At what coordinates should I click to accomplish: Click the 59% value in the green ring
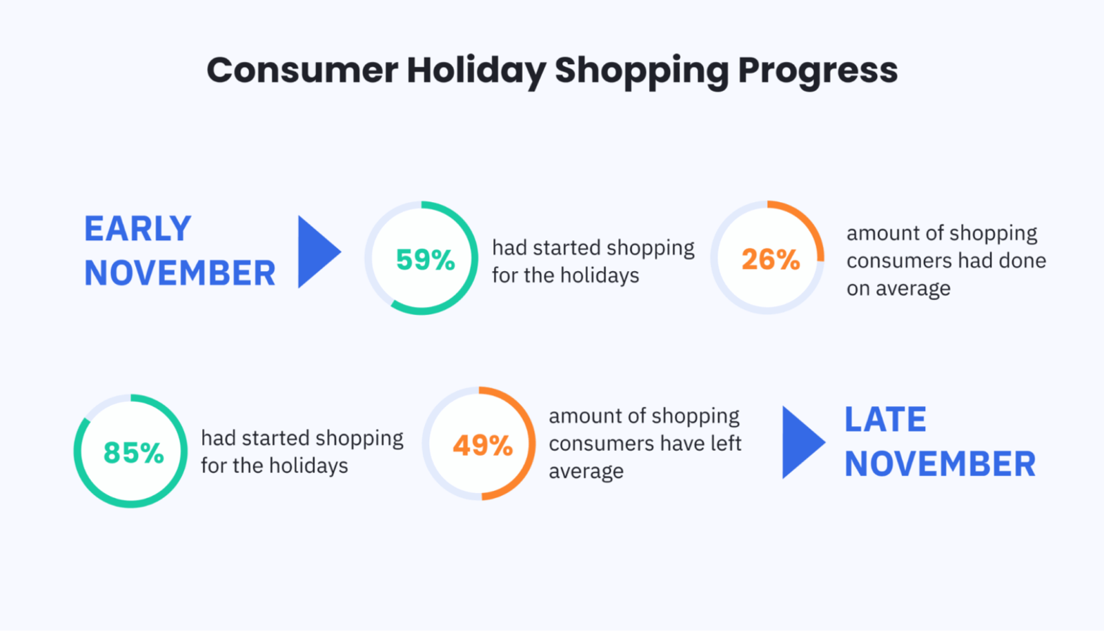[425, 259]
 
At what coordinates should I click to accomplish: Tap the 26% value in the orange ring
[771, 259]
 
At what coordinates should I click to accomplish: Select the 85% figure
[134, 452]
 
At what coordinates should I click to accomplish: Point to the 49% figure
[483, 445]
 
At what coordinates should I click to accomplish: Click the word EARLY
[137, 228]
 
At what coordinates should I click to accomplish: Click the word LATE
[885, 419]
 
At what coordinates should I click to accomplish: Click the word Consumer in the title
[302, 70]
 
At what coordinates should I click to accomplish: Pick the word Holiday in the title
[476, 72]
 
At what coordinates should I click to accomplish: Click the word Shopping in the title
[642, 72]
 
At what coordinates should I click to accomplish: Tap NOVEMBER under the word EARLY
[180, 273]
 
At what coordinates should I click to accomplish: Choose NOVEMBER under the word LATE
[940, 463]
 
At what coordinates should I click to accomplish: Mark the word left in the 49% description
[727, 443]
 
